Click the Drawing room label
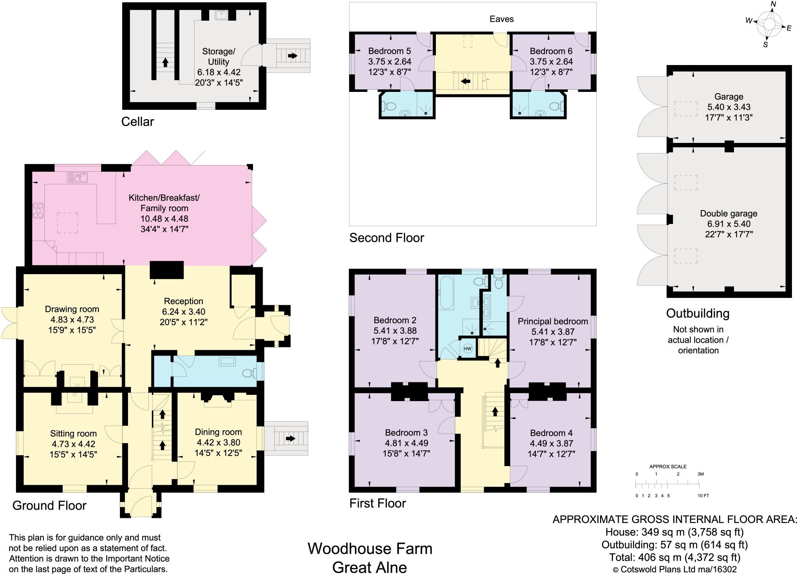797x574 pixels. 72,309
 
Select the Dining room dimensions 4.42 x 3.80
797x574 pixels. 218,442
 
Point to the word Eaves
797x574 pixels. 502,19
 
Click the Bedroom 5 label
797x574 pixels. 390,51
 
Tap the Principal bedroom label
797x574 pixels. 553,322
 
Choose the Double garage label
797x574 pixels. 729,213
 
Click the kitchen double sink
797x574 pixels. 77,178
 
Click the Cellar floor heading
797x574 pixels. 137,121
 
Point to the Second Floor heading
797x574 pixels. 386,238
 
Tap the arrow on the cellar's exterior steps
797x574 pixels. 292,56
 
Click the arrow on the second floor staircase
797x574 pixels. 465,81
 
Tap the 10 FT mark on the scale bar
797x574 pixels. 704,496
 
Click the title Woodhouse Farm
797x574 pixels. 370,549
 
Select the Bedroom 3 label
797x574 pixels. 406,433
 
